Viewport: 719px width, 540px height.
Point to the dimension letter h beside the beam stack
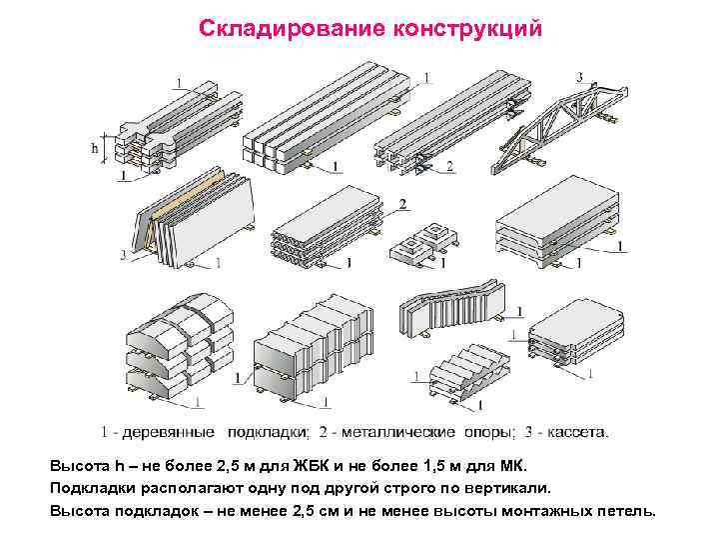(96, 148)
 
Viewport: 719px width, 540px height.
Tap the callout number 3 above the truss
(580, 77)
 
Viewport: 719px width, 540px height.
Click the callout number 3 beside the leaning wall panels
(123, 255)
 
